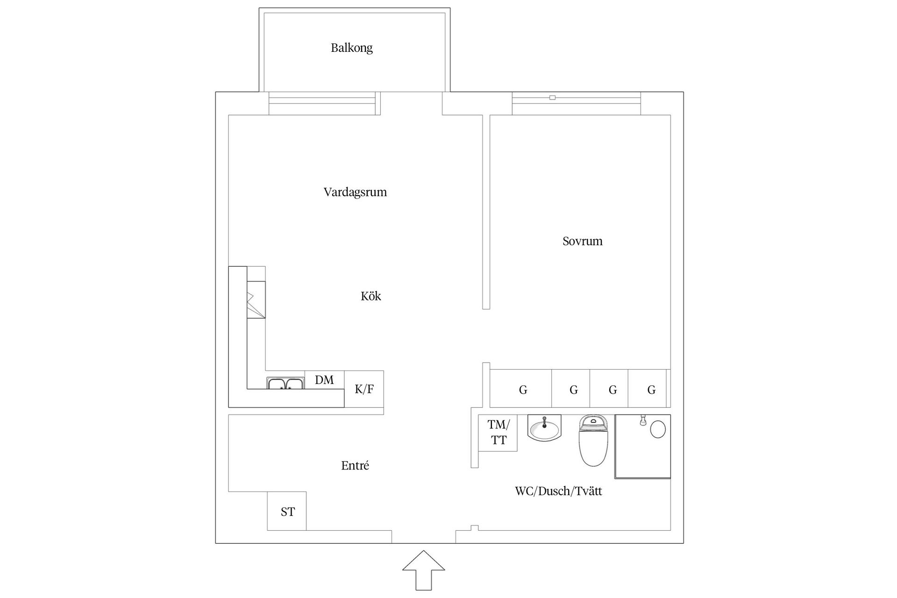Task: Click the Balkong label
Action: click(x=351, y=48)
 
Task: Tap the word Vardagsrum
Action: click(x=355, y=192)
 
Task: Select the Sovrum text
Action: click(x=582, y=241)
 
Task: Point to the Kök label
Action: click(x=370, y=296)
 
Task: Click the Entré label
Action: click(x=355, y=465)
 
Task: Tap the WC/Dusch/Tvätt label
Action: click(x=558, y=491)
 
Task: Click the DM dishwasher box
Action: click(x=324, y=380)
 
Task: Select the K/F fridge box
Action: click(x=364, y=389)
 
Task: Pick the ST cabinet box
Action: click(x=287, y=511)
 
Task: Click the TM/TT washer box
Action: click(x=498, y=433)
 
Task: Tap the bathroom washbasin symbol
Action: click(x=544, y=427)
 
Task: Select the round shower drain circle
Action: click(x=658, y=429)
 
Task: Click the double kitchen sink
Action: click(x=285, y=384)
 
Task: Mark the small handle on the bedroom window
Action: click(x=552, y=98)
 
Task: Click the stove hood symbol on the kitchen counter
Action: click(x=256, y=300)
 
